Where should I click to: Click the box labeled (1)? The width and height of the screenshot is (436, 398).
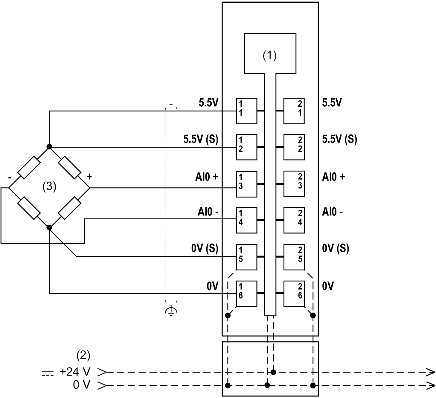coord(270,53)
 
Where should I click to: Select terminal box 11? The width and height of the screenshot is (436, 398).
coord(246,111)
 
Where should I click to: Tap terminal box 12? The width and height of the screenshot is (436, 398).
coord(246,147)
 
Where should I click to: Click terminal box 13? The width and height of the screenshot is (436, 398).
coord(246,184)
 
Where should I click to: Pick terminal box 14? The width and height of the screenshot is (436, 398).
coord(246,220)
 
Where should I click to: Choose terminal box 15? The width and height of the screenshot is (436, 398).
coord(246,257)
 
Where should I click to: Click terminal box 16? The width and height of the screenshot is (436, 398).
coord(246,293)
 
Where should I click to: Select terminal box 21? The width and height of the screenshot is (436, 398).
coord(294,111)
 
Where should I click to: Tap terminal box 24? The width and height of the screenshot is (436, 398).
coord(294,220)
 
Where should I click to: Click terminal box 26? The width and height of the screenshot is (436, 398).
coord(294,293)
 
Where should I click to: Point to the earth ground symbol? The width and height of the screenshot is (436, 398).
coord(171,311)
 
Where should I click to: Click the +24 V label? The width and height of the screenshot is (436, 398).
coord(75,372)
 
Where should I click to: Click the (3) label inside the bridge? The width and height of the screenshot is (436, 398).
coord(49,186)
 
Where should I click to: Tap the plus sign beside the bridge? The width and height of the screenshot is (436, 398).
coord(89,177)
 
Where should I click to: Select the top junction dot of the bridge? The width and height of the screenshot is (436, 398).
coord(49,147)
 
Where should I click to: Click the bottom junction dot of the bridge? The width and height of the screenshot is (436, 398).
coord(49,227)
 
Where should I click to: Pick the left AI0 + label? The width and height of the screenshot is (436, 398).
coord(206,177)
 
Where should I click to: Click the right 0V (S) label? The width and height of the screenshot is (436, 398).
coord(336,249)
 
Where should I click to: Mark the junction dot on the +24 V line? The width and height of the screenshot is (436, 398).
coord(273,372)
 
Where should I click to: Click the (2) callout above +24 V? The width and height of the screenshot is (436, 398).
coord(83,355)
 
